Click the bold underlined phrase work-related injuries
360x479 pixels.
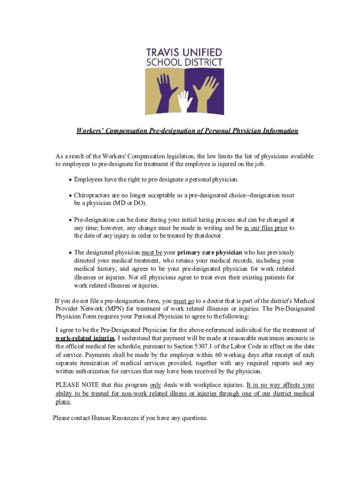85,338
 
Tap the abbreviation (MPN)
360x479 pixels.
112,309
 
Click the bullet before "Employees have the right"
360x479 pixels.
70,180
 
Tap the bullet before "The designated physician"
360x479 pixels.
70,253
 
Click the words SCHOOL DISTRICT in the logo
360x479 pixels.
184,63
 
